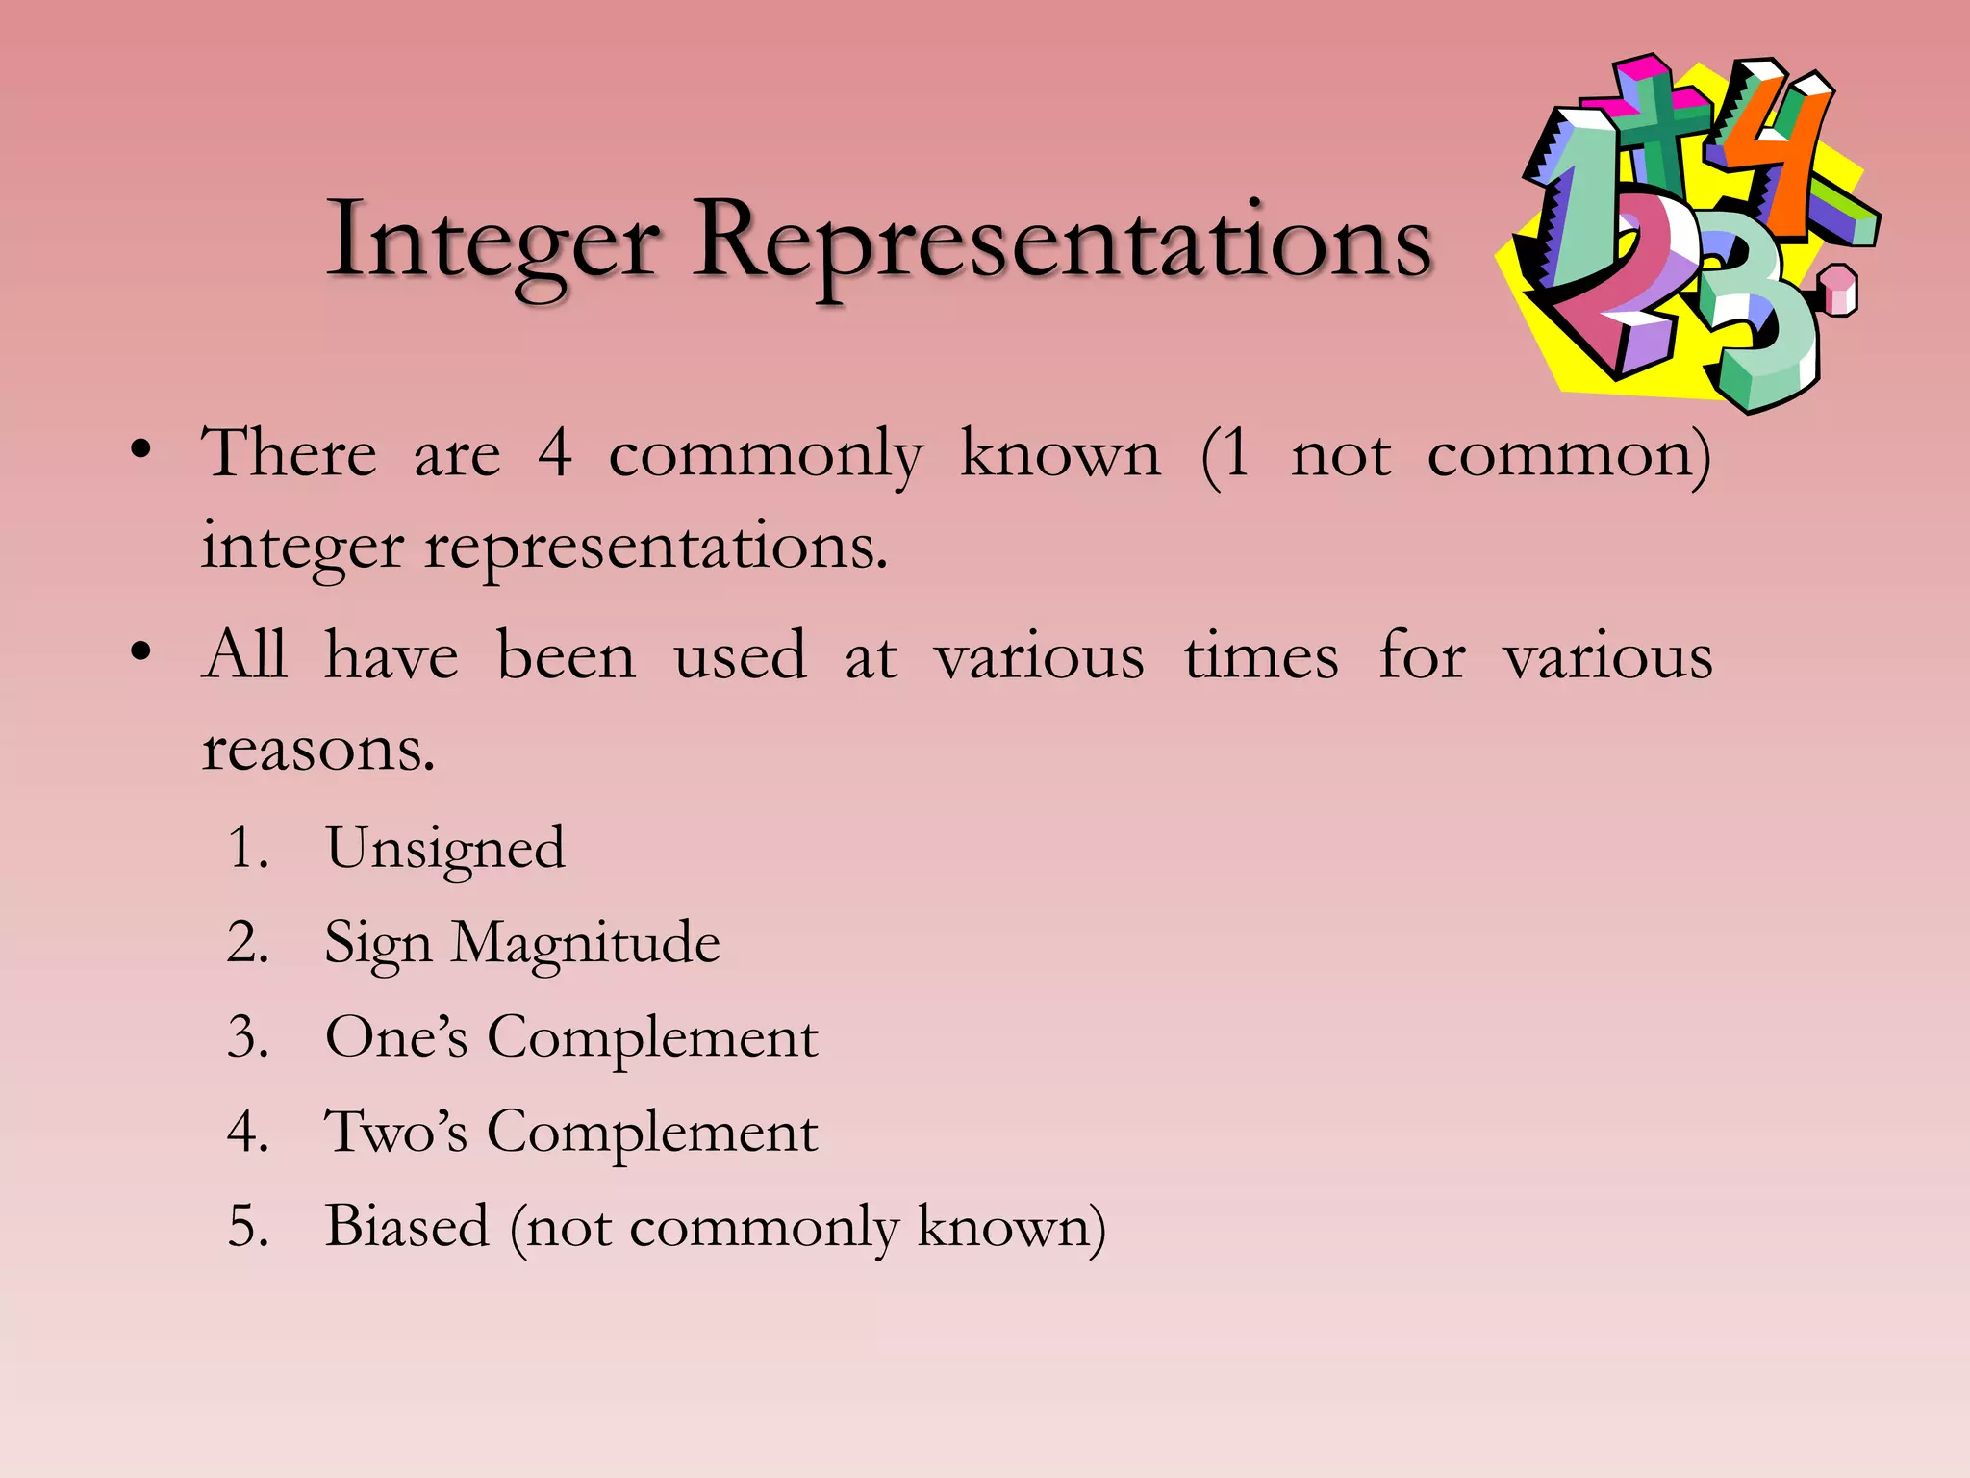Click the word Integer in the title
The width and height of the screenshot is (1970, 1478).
click(492, 241)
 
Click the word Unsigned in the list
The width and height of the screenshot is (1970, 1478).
click(445, 849)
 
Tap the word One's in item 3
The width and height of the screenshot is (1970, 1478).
click(396, 1037)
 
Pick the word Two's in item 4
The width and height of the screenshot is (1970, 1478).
click(396, 1132)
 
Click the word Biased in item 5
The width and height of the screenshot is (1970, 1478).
click(407, 1226)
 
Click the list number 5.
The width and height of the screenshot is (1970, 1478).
click(246, 1227)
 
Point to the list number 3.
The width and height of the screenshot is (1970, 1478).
click(246, 1038)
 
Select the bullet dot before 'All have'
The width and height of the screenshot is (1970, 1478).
click(141, 653)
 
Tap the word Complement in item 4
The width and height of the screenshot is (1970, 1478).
click(652, 1132)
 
